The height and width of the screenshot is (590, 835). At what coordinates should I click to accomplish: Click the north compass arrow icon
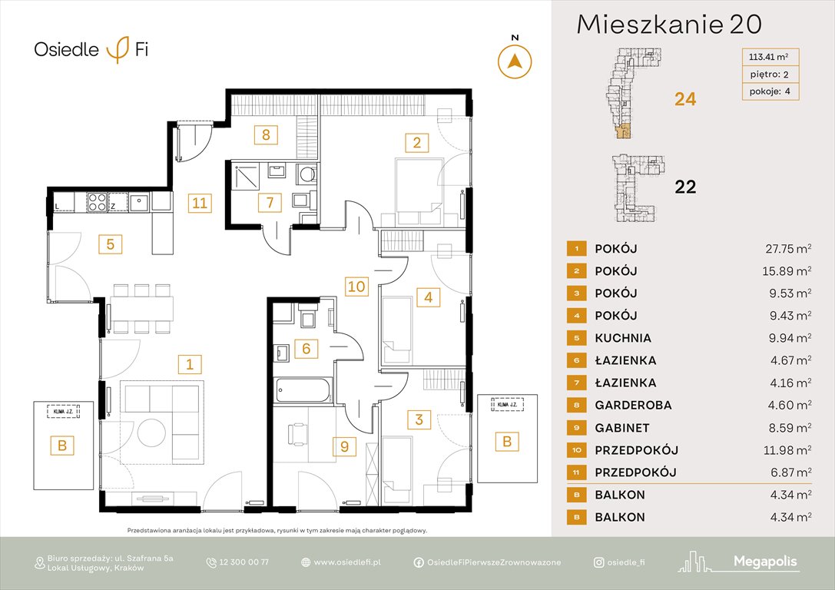pyautogui.click(x=515, y=60)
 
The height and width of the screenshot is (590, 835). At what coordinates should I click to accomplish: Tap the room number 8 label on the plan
pyautogui.click(x=265, y=135)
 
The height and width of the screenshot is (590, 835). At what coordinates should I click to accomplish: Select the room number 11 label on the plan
pyautogui.click(x=200, y=203)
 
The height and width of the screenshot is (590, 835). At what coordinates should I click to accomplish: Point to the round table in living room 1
pyautogui.click(x=150, y=428)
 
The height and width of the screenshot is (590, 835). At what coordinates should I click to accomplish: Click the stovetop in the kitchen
pyautogui.click(x=98, y=202)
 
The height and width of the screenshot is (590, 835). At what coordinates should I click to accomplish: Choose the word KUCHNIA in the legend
pyautogui.click(x=622, y=338)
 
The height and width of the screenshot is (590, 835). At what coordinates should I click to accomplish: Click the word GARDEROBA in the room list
pyautogui.click(x=633, y=405)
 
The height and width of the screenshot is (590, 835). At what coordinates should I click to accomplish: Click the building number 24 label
pyautogui.click(x=685, y=99)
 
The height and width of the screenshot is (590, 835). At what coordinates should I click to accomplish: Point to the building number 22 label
pyautogui.click(x=685, y=187)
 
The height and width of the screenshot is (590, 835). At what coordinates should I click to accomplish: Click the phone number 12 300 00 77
pyautogui.click(x=244, y=562)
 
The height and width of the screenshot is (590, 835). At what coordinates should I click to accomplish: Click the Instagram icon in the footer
pyautogui.click(x=598, y=562)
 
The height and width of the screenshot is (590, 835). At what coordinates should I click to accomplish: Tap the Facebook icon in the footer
pyautogui.click(x=419, y=562)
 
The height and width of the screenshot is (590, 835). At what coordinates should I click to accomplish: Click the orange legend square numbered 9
pyautogui.click(x=573, y=427)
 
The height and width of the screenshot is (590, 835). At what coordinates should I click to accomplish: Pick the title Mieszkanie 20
pyautogui.click(x=668, y=25)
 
